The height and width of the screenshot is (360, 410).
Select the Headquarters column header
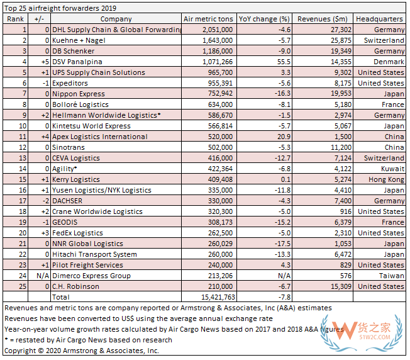pyautogui.click(x=380, y=19)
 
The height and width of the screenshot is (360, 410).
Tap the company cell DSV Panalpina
pyautogui.click(x=77, y=62)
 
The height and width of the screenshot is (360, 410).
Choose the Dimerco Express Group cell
pyautogui.click(x=91, y=275)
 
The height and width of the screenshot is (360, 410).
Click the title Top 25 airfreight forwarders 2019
pyautogui.click(x=61, y=8)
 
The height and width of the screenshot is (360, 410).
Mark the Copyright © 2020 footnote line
pyautogui.click(x=82, y=351)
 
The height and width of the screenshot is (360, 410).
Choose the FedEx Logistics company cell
pyautogui.click(x=78, y=232)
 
